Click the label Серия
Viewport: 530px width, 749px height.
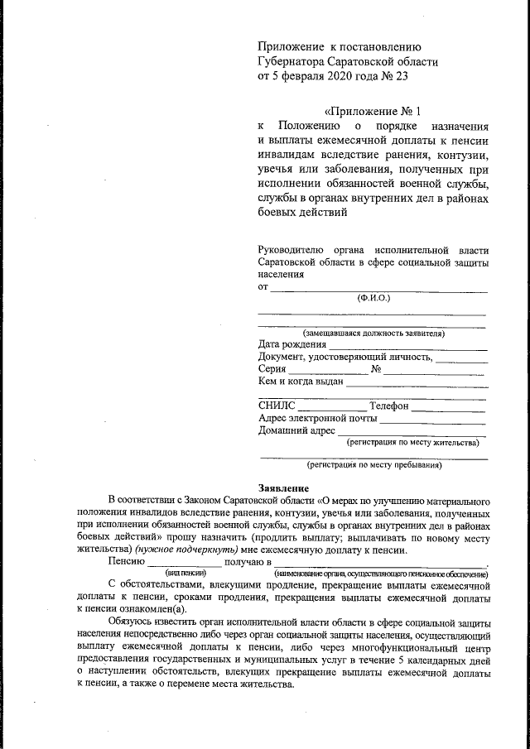click(x=272, y=369)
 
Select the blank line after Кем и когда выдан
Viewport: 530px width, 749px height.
click(x=416, y=384)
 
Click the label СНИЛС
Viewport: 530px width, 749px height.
click(x=277, y=406)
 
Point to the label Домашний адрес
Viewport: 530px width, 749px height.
click(x=296, y=431)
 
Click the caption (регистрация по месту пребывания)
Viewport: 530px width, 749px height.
click(x=374, y=465)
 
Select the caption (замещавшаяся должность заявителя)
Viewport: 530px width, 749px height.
click(x=373, y=334)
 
